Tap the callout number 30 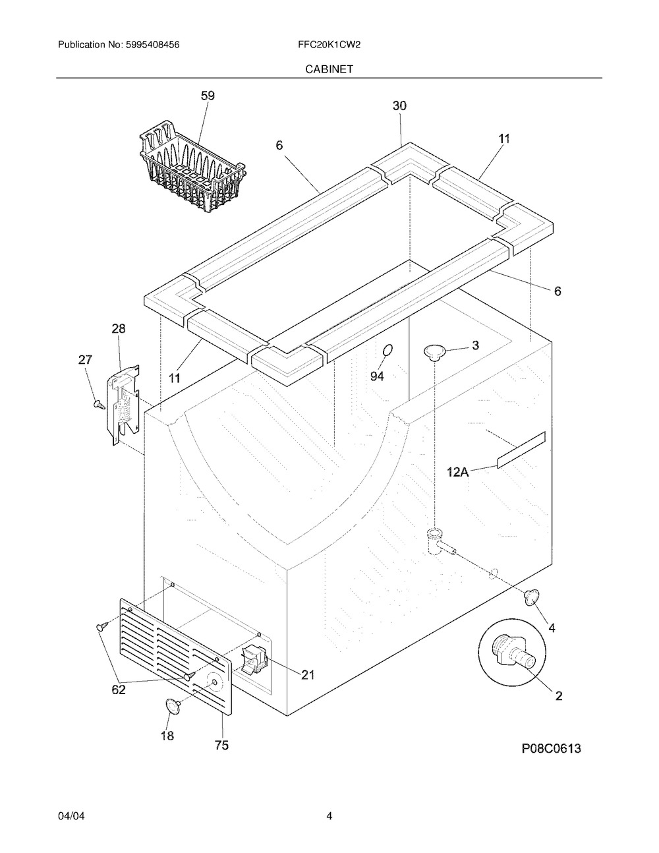tap(399, 105)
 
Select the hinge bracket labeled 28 tap(123, 405)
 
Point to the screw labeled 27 tap(99, 404)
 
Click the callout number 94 tap(377, 376)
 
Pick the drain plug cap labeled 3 tap(434, 352)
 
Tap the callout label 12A tap(458, 471)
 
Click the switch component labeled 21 tap(254, 660)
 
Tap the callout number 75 tap(222, 745)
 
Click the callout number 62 tap(119, 690)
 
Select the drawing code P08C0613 tap(551, 748)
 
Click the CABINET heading tap(329, 69)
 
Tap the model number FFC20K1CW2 tap(329, 45)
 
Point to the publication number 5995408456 tap(153, 45)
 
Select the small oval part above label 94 tap(387, 350)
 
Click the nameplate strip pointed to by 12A tap(521, 450)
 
